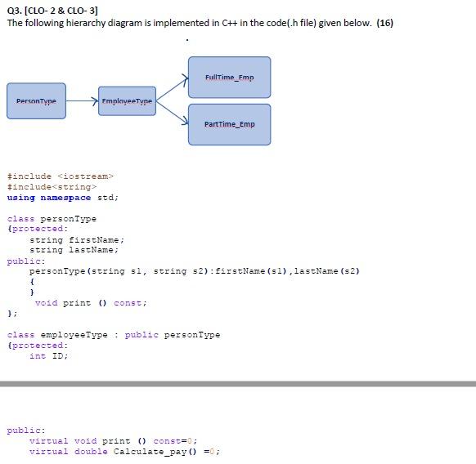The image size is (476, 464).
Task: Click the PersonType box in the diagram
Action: pyautogui.click(x=37, y=100)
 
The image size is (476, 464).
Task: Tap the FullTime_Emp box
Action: pyautogui.click(x=229, y=77)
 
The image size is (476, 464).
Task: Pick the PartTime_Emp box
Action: pyautogui.click(x=229, y=124)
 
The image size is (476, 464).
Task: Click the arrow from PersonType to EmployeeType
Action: pyautogui.click(x=82, y=100)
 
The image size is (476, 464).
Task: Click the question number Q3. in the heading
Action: pyautogui.click(x=15, y=10)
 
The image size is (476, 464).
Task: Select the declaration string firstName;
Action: pyautogui.click(x=76, y=239)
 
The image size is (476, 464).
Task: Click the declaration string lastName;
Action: pyautogui.click(x=74, y=250)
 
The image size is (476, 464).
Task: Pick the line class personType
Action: pyautogui.click(x=52, y=218)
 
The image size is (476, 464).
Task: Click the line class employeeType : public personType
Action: pyautogui.click(x=113, y=334)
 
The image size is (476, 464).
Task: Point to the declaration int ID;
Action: pyautogui.click(x=48, y=355)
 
